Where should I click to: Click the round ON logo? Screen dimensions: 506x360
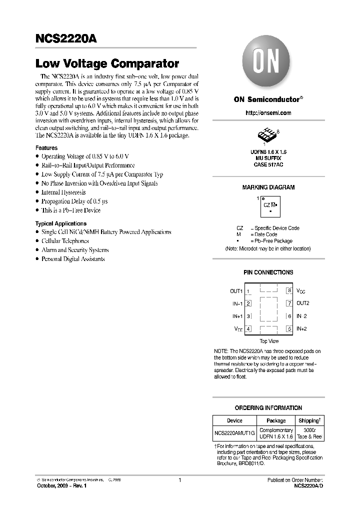pos(268,63)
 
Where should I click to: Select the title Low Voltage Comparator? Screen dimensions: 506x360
pos(107,64)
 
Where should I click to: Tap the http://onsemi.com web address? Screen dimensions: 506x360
pos(268,113)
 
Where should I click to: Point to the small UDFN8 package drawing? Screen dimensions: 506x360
pos(264,135)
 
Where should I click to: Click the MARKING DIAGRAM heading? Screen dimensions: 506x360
pos(268,187)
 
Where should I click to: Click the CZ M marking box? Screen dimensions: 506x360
pos(269,205)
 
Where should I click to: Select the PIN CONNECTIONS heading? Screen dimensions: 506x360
pos(268,272)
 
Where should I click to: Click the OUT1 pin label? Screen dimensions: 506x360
pos(236,291)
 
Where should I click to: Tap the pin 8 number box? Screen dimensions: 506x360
pos(288,290)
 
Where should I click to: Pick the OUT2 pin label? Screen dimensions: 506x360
pos(303,303)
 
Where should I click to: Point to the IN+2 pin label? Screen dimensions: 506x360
pos(301,328)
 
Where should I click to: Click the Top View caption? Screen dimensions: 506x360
pos(269,341)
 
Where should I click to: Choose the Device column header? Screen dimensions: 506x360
pos(234,420)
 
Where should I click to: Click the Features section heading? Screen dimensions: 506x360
pos(46,148)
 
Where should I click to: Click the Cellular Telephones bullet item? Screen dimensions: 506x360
pos(64,241)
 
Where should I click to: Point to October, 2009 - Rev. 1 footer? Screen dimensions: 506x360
pos(58,485)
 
